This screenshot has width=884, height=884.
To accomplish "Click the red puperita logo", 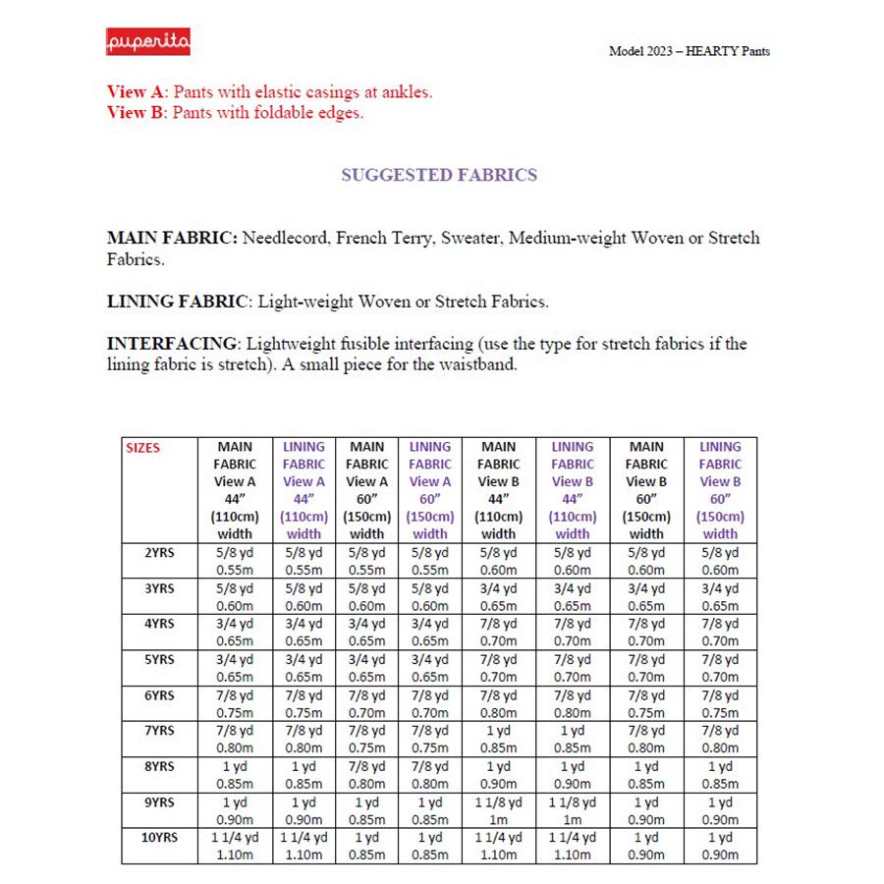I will click(x=148, y=42).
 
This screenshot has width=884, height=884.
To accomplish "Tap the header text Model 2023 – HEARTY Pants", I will click(x=689, y=51).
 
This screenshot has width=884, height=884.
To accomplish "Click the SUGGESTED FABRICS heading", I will click(x=439, y=175).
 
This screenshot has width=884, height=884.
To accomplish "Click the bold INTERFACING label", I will click(x=172, y=344).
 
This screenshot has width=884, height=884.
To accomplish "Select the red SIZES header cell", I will click(x=143, y=447).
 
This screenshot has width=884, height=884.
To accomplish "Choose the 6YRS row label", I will click(x=158, y=695).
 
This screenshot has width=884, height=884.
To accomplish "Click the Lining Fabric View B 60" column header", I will click(x=720, y=489).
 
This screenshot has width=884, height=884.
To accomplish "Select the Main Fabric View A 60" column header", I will click(x=367, y=489).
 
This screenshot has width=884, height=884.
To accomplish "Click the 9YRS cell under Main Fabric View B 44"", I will click(x=499, y=810).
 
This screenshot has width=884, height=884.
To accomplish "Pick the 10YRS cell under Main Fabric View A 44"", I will click(x=235, y=846).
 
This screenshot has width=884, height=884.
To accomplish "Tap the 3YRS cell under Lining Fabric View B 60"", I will click(x=720, y=597).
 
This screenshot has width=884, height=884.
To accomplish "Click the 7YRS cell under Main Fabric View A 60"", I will click(x=367, y=739).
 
